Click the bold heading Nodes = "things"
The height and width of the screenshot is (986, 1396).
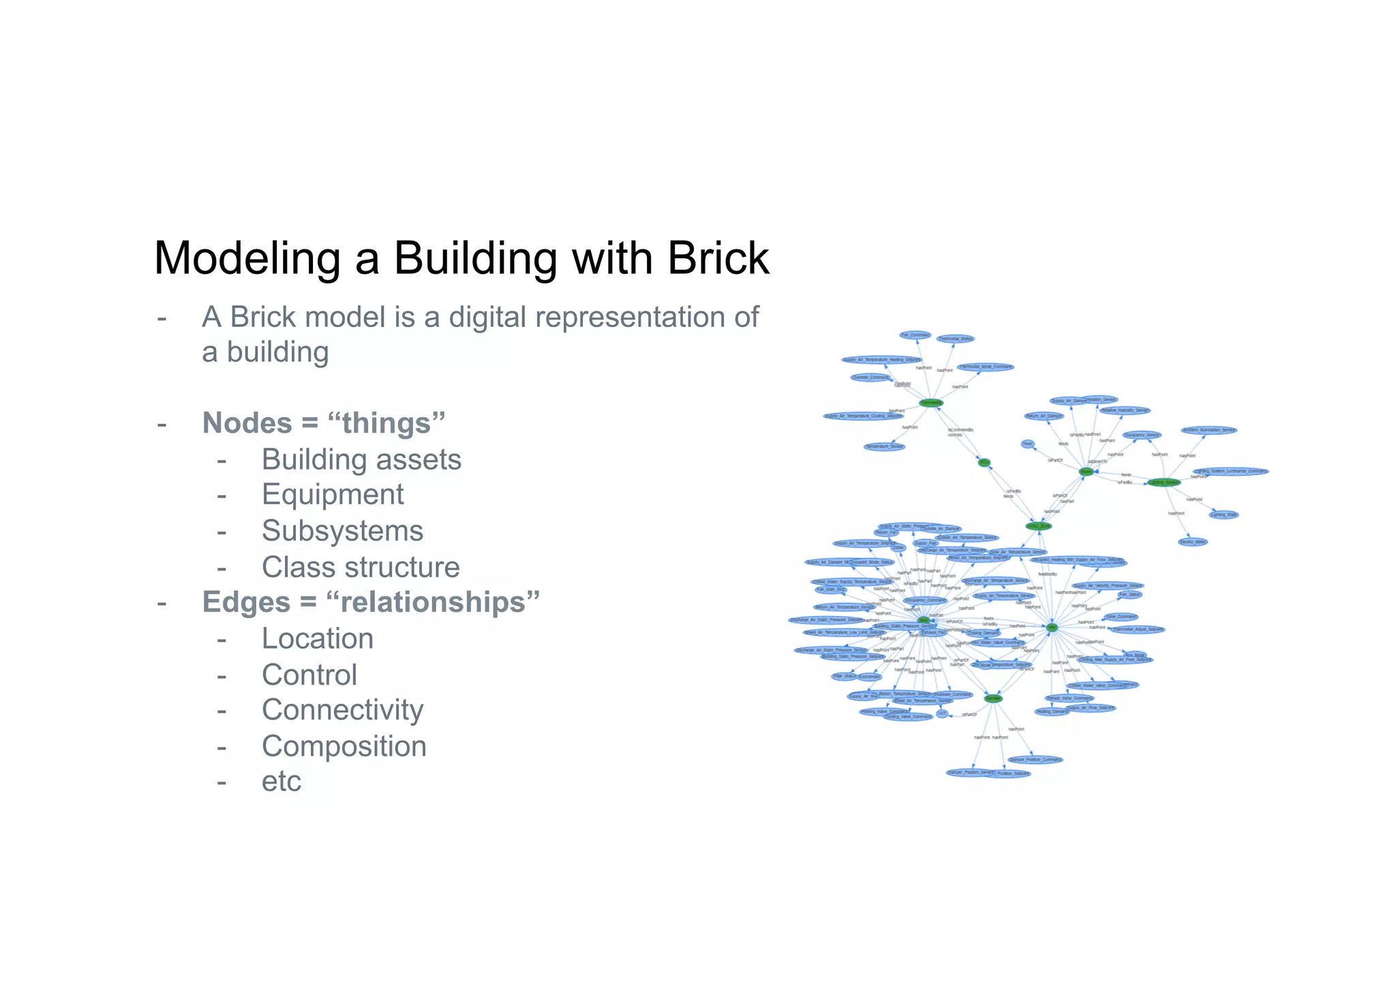(324, 423)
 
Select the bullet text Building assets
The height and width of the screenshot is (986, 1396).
(361, 460)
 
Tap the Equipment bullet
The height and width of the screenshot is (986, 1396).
(333, 495)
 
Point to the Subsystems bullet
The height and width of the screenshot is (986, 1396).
(342, 531)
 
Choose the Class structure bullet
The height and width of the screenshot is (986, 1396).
(361, 567)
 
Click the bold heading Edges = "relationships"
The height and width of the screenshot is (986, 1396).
(371, 602)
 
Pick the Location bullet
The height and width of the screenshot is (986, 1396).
(318, 638)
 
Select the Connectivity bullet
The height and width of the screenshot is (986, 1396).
(342, 710)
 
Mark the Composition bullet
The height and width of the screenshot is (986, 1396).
(344, 746)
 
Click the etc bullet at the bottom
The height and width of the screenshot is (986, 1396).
(281, 782)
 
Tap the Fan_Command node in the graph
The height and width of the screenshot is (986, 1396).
(915, 335)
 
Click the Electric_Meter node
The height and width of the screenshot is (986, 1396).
(1193, 542)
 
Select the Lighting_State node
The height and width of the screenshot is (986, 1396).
(1224, 514)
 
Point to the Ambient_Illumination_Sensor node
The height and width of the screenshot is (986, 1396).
(1209, 430)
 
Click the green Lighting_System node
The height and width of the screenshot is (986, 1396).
(1164, 482)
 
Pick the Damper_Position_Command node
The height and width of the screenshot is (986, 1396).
(1035, 759)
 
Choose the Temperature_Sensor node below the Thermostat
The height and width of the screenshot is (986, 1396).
(884, 447)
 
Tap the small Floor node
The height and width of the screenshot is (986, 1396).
(1028, 444)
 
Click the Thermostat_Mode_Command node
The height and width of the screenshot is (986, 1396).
(985, 367)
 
